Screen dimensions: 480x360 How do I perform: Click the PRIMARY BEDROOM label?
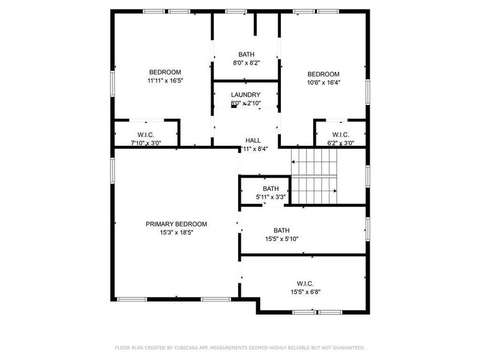(x=176, y=224)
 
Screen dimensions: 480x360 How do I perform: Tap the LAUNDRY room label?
(x=245, y=95)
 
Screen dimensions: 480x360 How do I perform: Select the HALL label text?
(x=253, y=140)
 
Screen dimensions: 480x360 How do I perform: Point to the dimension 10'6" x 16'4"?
(x=323, y=83)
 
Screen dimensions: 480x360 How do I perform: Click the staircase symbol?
(x=314, y=176)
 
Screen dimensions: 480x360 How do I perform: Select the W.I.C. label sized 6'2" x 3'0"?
(x=340, y=134)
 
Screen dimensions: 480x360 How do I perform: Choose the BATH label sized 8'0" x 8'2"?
(x=245, y=54)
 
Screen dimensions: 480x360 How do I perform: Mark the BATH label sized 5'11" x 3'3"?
(x=270, y=188)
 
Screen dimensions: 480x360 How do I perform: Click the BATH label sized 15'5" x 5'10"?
(x=281, y=230)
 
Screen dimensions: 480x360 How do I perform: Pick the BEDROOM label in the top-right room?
(x=323, y=74)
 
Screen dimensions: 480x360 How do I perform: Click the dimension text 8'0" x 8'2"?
(x=245, y=62)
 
